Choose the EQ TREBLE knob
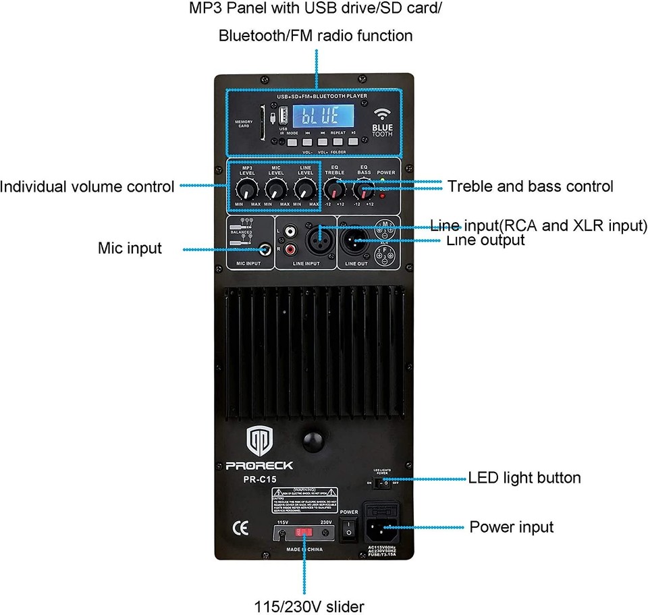click(x=334, y=187)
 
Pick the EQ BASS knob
click(x=364, y=187)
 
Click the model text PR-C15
click(x=260, y=479)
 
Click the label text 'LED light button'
click(x=524, y=478)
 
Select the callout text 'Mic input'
click(x=130, y=248)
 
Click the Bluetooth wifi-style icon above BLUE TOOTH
click(x=383, y=113)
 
